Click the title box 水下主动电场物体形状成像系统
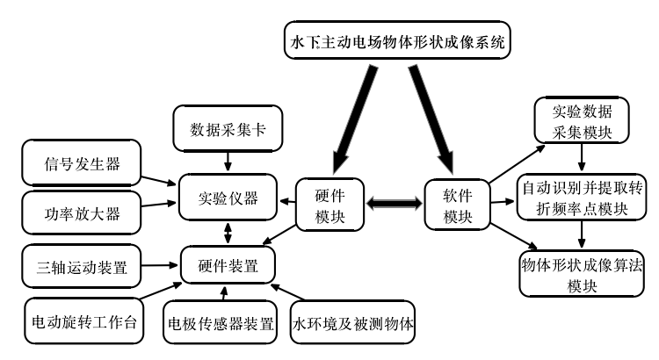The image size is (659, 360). [x=397, y=40]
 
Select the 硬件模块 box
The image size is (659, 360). [x=329, y=204]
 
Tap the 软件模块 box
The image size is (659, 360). [x=457, y=204]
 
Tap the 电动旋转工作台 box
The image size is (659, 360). [x=82, y=320]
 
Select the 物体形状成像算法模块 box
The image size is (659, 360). [x=583, y=275]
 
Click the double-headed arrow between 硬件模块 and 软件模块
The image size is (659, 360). [x=394, y=204]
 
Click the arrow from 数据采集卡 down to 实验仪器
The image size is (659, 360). [x=228, y=160]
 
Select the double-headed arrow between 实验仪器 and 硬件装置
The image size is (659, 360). [x=228, y=232]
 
